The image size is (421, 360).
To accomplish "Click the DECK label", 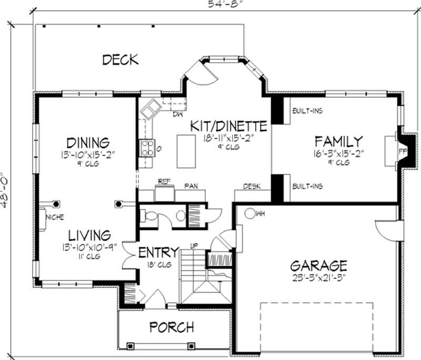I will point(120,59).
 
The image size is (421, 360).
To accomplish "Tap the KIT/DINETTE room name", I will point(228,126).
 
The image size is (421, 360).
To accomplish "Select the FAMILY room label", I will point(338,141).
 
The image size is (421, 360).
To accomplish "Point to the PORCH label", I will point(172,327).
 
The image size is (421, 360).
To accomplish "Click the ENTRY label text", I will point(158,252).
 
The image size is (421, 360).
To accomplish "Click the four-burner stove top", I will point(147,147).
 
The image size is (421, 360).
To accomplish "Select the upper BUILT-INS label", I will point(307,111).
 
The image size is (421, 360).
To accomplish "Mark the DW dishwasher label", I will point(177,114).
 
